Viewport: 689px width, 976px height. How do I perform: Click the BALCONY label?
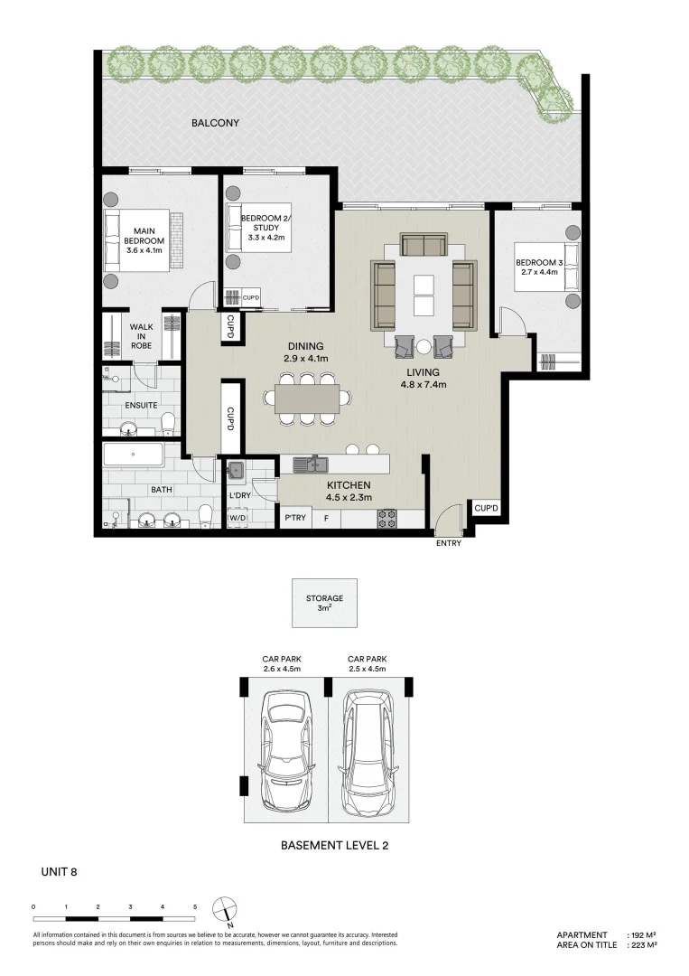[x=215, y=123]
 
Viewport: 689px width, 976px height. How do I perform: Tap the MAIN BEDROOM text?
[x=144, y=236]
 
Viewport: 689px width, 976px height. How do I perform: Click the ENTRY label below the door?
[x=449, y=543]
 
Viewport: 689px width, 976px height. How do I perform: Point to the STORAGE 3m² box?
[x=323, y=603]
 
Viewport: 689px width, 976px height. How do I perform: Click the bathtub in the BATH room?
[x=134, y=454]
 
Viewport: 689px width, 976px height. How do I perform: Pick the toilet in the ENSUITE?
[x=168, y=422]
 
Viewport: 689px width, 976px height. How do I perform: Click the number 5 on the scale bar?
[x=194, y=905]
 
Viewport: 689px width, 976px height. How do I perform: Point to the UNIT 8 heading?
[x=60, y=872]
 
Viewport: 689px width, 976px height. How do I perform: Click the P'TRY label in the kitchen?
[x=294, y=519]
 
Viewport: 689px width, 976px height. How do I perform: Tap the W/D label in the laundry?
[x=237, y=519]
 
